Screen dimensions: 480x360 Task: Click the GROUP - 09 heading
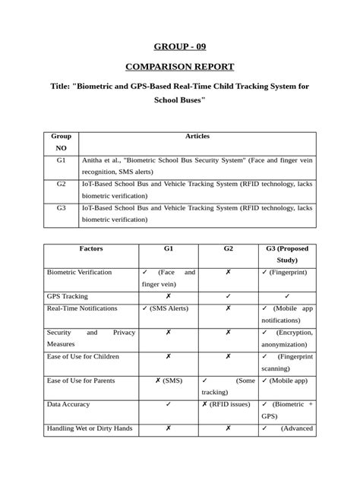[179, 47]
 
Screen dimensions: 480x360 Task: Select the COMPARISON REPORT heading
[179, 66]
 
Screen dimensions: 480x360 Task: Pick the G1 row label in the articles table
[62, 161]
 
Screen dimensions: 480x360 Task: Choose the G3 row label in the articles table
[62, 207]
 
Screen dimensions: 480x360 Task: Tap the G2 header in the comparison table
[228, 248]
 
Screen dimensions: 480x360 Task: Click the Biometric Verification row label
[79, 272]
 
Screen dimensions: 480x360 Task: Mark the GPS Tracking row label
[68, 296]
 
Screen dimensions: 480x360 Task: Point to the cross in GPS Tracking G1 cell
[168, 296]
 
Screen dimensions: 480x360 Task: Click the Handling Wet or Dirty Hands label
[90, 428]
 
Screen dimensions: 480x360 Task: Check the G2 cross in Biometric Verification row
[228, 272]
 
